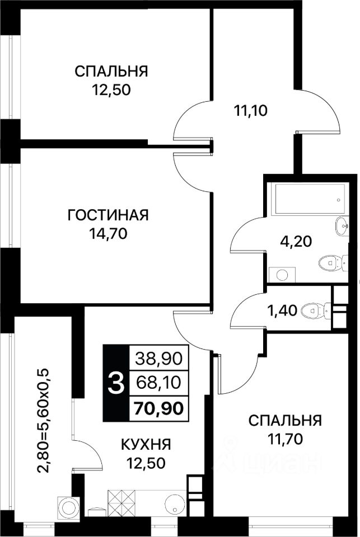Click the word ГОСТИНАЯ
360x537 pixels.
click(x=108, y=215)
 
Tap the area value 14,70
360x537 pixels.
click(x=108, y=234)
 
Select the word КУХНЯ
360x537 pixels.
click(x=146, y=445)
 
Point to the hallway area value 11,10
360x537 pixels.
click(x=250, y=111)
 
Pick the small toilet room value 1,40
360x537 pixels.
click(x=282, y=311)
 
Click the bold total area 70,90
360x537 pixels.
click(x=158, y=408)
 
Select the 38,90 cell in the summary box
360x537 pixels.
click(x=158, y=359)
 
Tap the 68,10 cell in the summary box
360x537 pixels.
click(x=158, y=382)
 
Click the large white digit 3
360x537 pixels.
click(x=116, y=384)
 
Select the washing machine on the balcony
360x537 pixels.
click(x=67, y=506)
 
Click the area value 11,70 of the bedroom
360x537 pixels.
click(x=286, y=439)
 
